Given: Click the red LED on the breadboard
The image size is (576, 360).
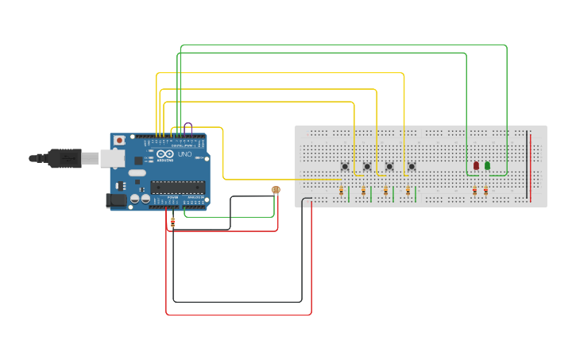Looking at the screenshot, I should tap(476, 165).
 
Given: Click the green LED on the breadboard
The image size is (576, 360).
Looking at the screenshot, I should tap(487, 165).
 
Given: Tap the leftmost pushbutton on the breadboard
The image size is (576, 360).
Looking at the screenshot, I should tap(345, 166).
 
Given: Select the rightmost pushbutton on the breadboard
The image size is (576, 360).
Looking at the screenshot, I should tap(412, 166).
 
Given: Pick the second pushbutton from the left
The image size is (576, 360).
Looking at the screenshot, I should tap(367, 166).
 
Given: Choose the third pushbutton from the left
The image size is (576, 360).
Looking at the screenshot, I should tap(389, 166).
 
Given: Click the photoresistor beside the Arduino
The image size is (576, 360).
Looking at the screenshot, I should tap(276, 189).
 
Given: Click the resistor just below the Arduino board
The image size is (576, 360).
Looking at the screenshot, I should tap(173, 223).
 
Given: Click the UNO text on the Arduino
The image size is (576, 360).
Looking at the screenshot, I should tap(184, 154).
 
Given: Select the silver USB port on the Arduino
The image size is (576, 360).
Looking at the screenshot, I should tap(113, 158).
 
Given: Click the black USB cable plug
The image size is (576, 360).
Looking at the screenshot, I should tap(64, 159).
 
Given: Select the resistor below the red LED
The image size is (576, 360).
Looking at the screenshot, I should tap(475, 191).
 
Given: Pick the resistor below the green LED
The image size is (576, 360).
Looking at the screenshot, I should tap(486, 191).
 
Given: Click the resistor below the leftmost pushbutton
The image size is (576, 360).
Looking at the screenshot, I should tap(342, 191).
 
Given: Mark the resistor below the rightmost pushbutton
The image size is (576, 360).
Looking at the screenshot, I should tap(408, 191).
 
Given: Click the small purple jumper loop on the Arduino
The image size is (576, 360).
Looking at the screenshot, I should tap(187, 127).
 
